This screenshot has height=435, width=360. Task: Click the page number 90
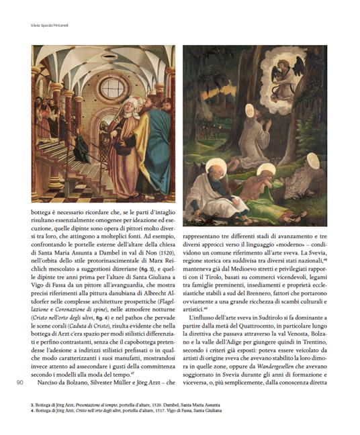point(19,383)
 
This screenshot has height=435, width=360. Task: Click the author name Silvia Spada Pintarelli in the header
point(46,26)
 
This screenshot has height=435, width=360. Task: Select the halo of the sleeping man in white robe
point(218,166)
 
